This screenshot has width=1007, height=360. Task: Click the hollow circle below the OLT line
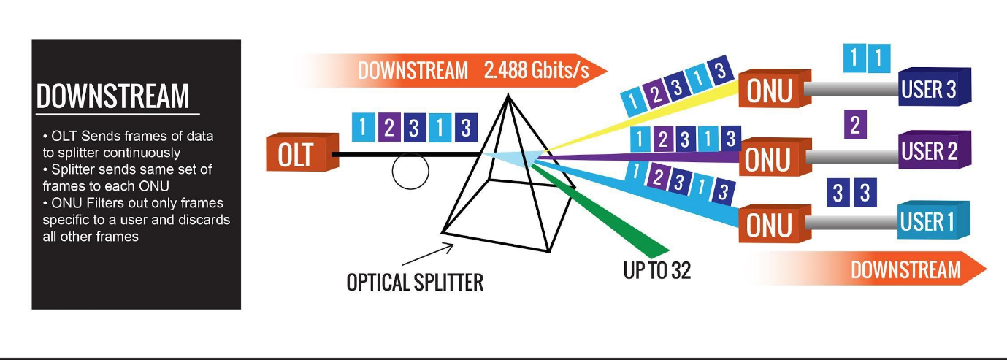[410, 171]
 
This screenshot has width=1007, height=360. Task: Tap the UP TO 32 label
[656, 270]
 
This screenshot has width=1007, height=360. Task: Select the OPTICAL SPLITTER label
[414, 282]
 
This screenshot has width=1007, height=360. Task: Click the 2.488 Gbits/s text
[535, 70]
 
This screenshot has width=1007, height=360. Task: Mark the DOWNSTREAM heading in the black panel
[112, 96]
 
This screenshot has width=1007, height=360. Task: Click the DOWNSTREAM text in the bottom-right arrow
[905, 269]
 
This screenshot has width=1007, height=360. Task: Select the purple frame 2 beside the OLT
[389, 128]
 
